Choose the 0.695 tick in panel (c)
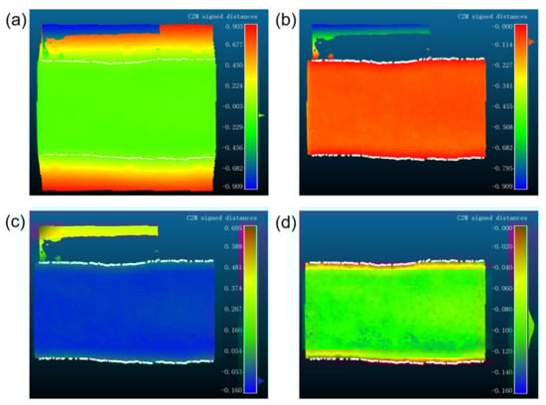[234, 229]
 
